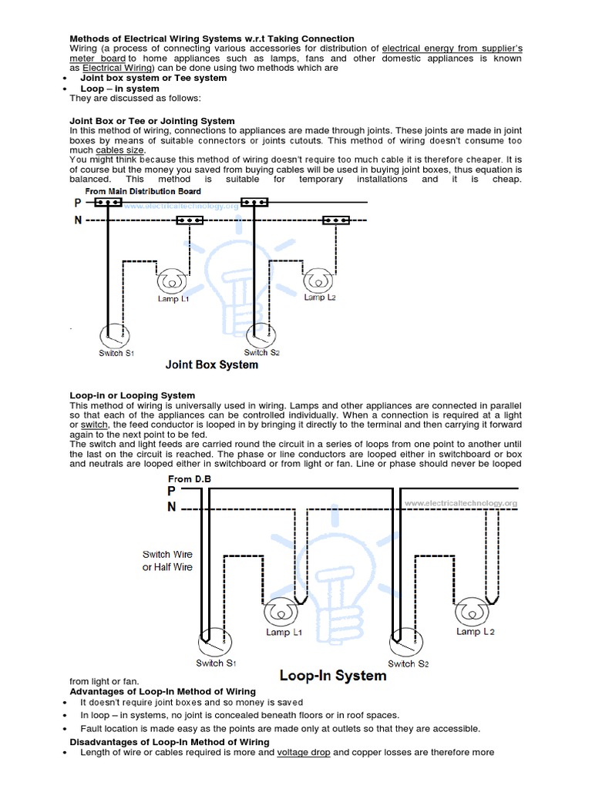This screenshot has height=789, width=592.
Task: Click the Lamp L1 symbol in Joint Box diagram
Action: [170, 279]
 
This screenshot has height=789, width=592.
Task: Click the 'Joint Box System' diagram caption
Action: [211, 364]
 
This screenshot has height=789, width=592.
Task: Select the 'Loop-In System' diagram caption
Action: [332, 676]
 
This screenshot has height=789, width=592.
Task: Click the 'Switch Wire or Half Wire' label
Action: [167, 561]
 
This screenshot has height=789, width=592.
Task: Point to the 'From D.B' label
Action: [189, 479]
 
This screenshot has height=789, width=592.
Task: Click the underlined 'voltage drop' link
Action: [304, 753]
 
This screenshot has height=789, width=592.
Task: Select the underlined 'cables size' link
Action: [116, 150]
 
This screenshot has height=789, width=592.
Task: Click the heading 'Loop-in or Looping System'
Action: [132, 396]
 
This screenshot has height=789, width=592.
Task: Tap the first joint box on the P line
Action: [108, 203]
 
